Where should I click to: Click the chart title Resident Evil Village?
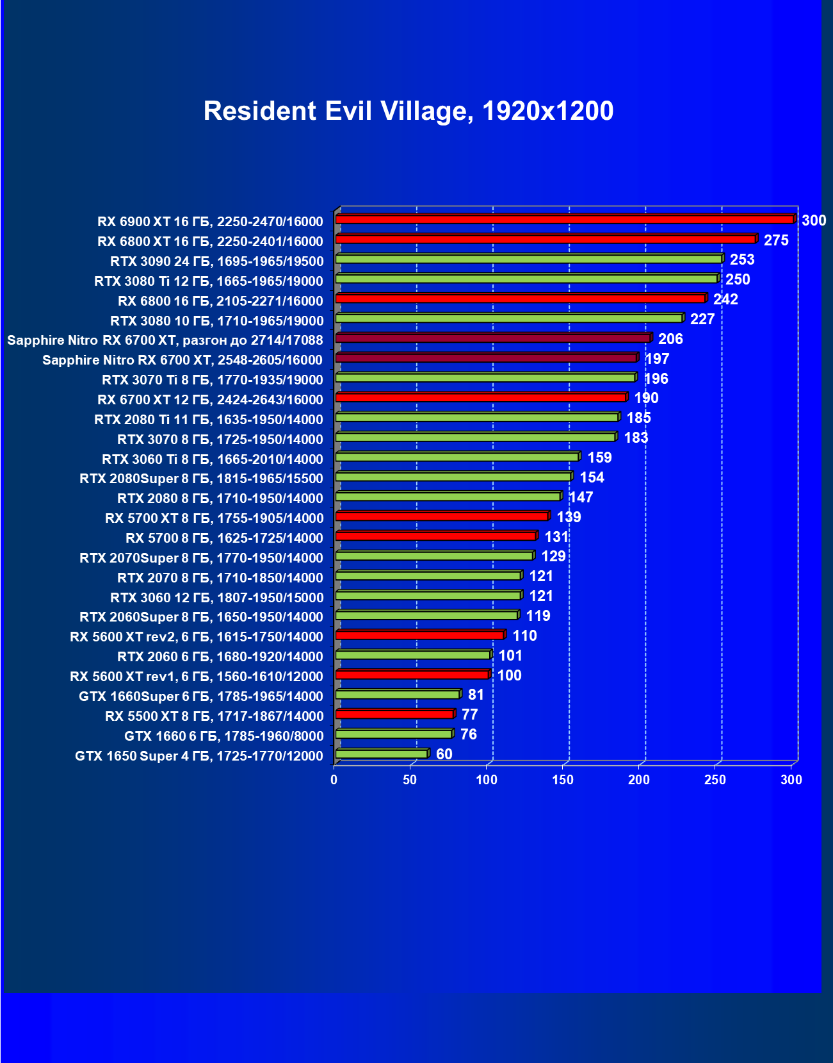(408, 111)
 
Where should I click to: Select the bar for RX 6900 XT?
(563, 219)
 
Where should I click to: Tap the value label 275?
(776, 240)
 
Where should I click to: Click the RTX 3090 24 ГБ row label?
(217, 261)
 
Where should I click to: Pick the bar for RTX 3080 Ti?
(526, 279)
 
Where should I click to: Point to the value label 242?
(725, 299)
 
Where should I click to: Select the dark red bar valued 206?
(492, 338)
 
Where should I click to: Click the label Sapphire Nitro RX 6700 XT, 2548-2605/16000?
(182, 360)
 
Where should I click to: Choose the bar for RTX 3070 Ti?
(485, 377)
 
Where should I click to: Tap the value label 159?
(599, 457)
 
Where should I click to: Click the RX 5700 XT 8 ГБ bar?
(442, 516)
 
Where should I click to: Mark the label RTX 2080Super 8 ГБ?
(201, 479)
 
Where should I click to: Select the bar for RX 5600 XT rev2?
(419, 635)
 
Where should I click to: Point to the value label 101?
(510, 655)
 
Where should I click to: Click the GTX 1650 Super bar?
(382, 754)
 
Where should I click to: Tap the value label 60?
(444, 754)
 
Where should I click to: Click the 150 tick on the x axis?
(563, 780)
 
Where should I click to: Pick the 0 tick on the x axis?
(334, 780)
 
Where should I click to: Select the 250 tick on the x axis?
(715, 780)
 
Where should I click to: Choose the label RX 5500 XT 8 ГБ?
(214, 716)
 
